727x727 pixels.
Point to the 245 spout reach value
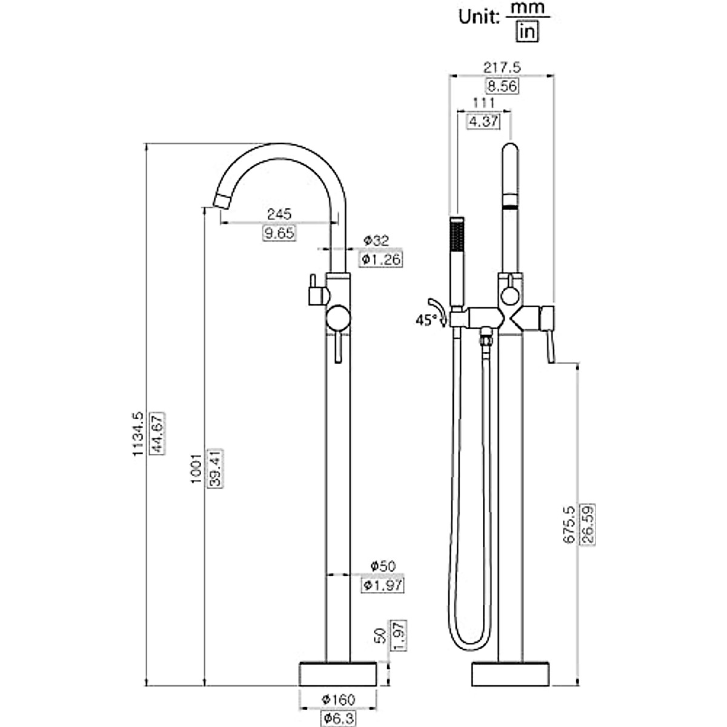[x=279, y=214]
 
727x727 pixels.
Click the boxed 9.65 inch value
[x=279, y=233]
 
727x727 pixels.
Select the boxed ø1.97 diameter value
[x=383, y=585]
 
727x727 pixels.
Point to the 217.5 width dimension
[x=502, y=66]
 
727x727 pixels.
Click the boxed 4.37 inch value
[x=483, y=121]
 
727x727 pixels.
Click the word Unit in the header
[x=478, y=16]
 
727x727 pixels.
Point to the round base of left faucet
[x=338, y=674]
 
